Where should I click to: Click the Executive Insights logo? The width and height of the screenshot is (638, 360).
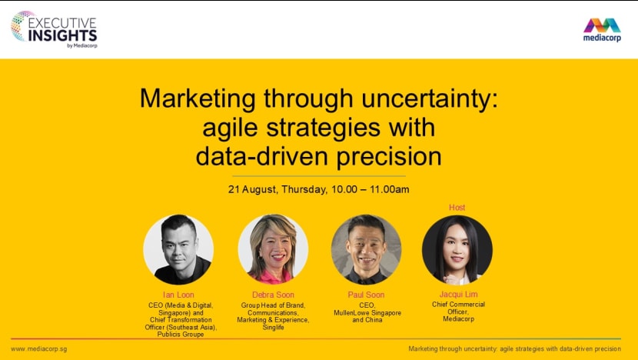54,29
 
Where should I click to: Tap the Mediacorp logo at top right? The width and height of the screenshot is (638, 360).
602,31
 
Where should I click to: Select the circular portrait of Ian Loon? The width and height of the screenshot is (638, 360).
178,249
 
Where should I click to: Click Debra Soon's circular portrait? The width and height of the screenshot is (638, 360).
273,249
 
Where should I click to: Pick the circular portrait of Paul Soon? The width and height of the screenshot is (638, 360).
366,249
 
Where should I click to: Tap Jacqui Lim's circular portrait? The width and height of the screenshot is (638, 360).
457,249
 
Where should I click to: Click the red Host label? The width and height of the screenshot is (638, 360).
457,208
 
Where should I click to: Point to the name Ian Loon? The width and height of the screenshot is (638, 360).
178,295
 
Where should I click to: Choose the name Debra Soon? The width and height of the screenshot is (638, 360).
273,295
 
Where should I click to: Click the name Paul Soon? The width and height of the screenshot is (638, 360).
366,295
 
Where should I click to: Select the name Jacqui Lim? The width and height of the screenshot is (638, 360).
457,295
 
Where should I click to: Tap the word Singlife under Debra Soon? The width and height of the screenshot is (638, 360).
273,328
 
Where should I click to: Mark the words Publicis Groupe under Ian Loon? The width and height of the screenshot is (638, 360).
178,335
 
